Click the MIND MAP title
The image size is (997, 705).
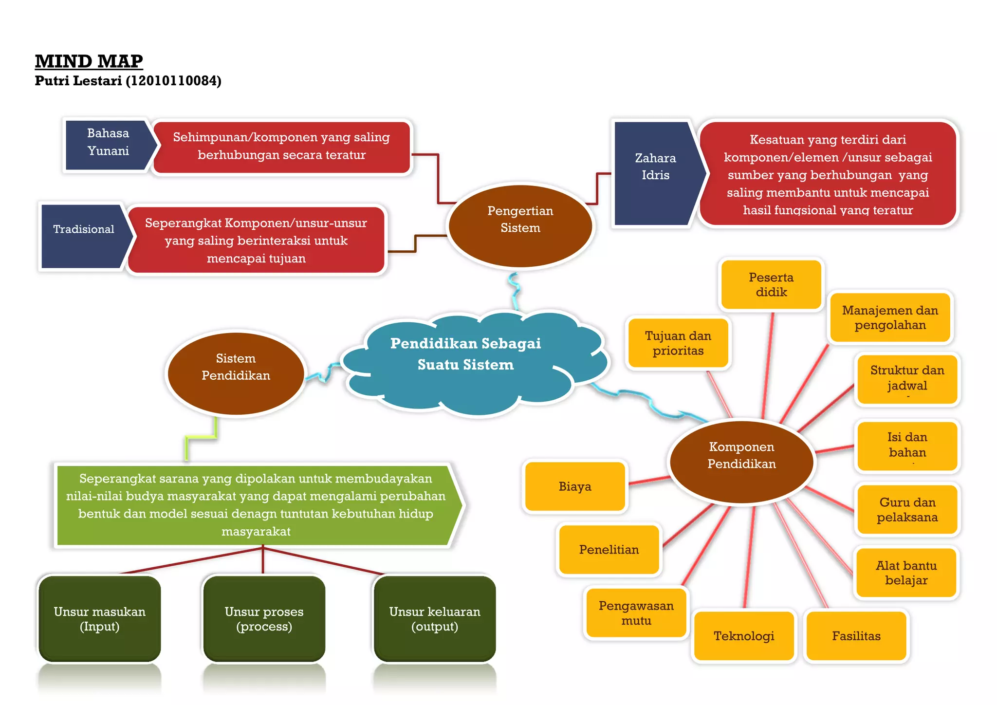point(89,61)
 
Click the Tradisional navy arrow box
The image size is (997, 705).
point(83,236)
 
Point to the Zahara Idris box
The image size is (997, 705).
point(655,173)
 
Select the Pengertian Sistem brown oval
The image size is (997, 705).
point(520,226)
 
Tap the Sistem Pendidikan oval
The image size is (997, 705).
point(236,373)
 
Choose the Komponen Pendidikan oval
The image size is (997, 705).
point(741,461)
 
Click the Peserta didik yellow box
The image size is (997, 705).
point(771,284)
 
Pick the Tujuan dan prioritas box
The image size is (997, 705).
point(678,343)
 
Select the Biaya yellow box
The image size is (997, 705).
point(575,486)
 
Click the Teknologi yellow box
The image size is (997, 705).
point(743,635)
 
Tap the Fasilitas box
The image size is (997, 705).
point(856,635)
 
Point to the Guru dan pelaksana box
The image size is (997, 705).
point(907,509)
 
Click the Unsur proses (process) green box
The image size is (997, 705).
point(264,618)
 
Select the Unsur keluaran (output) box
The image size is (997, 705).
point(434,618)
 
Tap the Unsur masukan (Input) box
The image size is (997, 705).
point(99,618)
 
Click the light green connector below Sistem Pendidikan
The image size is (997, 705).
point(201,438)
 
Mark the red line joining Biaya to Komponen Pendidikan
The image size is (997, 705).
point(649,481)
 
